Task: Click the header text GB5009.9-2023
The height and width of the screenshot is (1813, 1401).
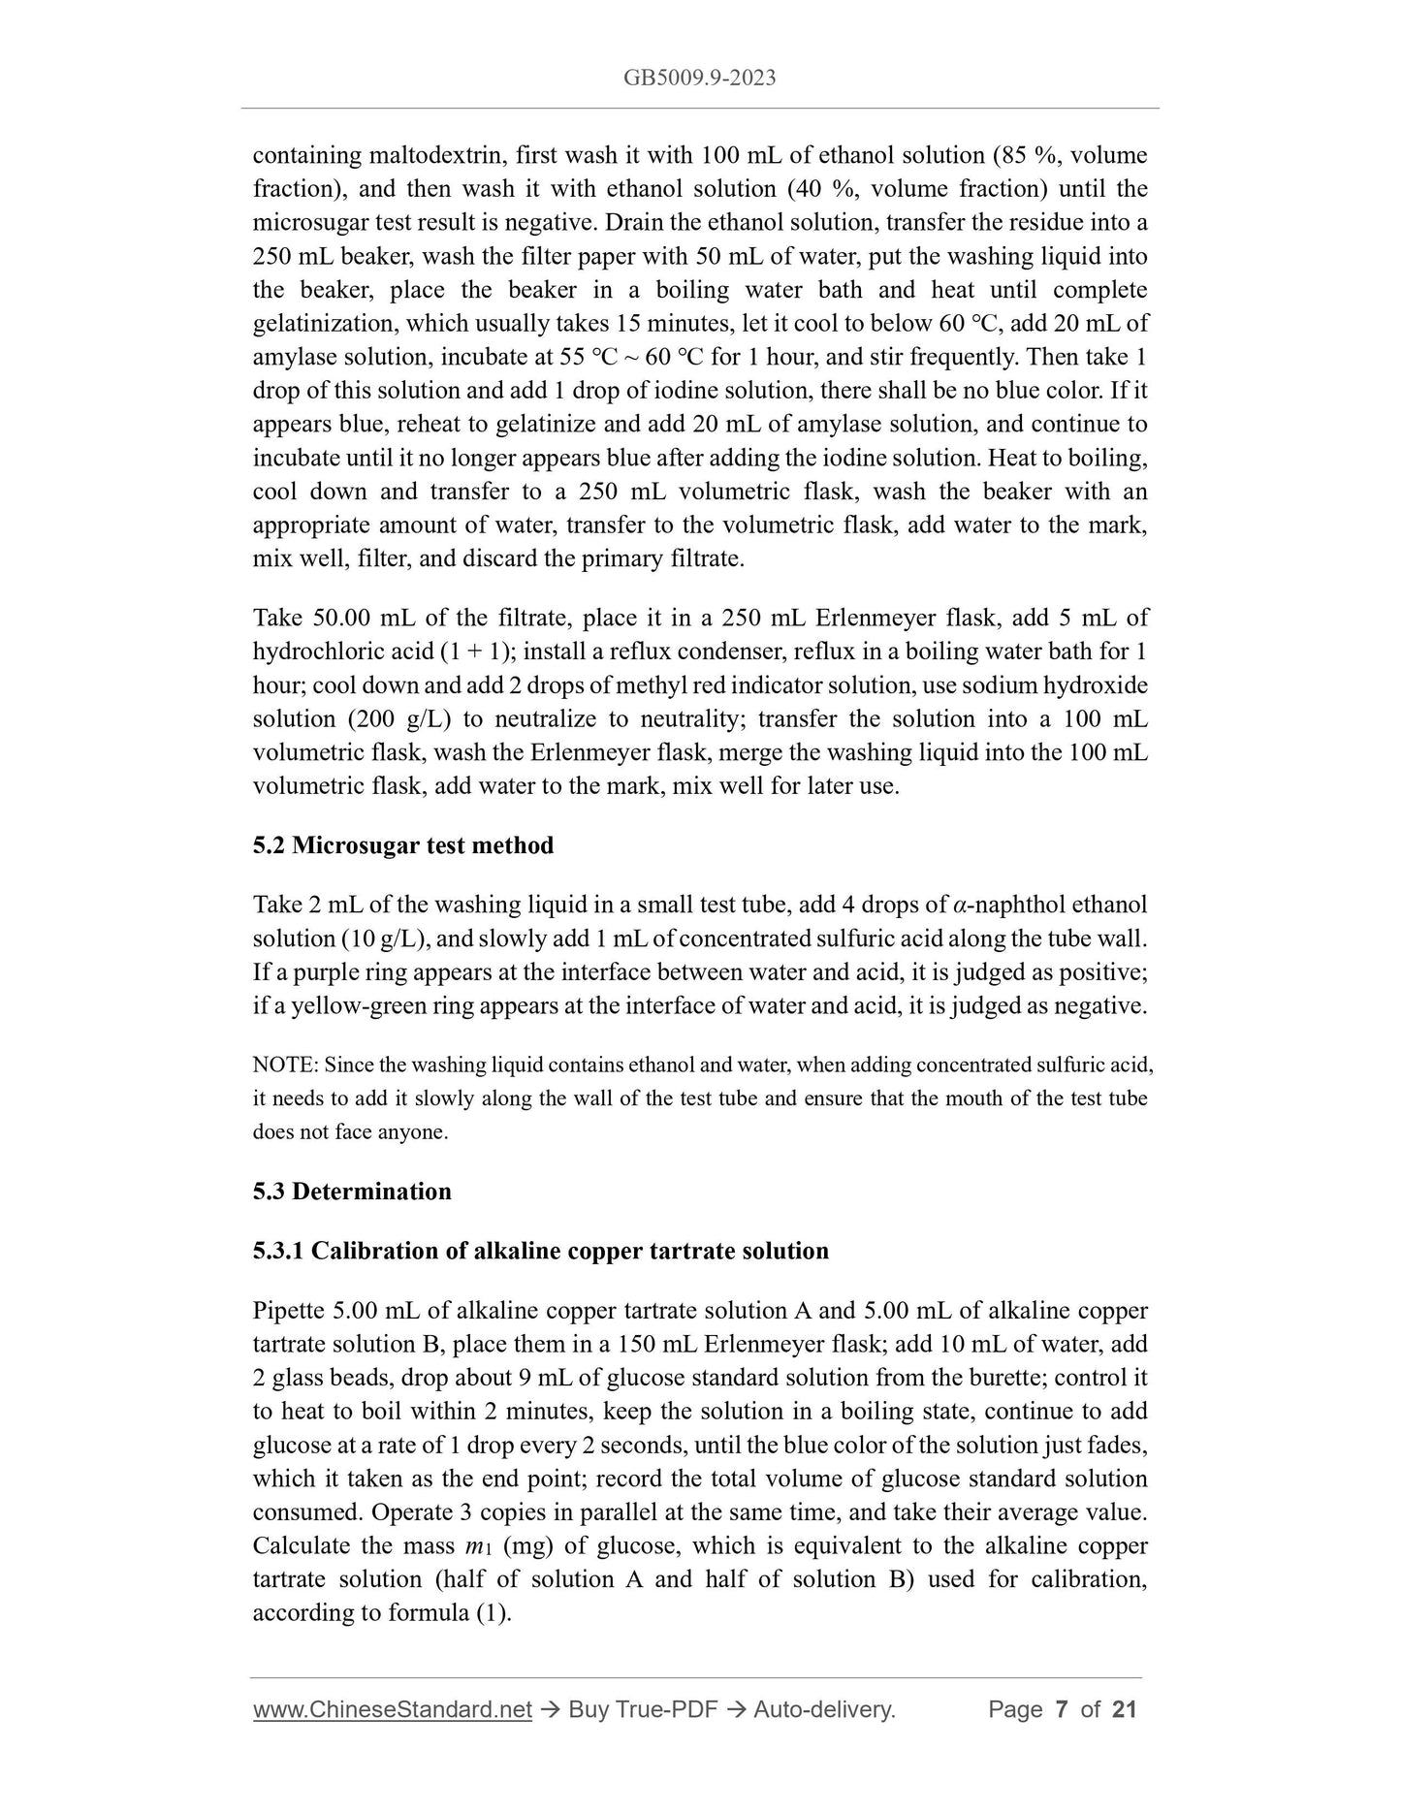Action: tap(699, 79)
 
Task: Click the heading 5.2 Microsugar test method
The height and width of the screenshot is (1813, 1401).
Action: tap(402, 845)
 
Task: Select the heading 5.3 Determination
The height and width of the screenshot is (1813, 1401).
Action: tap(352, 1192)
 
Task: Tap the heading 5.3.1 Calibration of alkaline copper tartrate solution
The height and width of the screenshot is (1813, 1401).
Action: tap(540, 1251)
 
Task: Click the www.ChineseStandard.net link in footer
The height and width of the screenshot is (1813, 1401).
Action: tap(392, 1709)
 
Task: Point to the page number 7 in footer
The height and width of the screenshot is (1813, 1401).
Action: tap(1061, 1709)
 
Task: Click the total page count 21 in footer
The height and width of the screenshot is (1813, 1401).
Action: tap(1124, 1709)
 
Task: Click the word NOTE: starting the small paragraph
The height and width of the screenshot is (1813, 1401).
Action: tap(285, 1066)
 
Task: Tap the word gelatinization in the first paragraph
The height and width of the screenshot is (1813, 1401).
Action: tap(316, 324)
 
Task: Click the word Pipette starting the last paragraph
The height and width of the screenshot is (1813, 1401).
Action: tap(288, 1311)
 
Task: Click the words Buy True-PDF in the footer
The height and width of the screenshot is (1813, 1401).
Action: tap(643, 1709)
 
